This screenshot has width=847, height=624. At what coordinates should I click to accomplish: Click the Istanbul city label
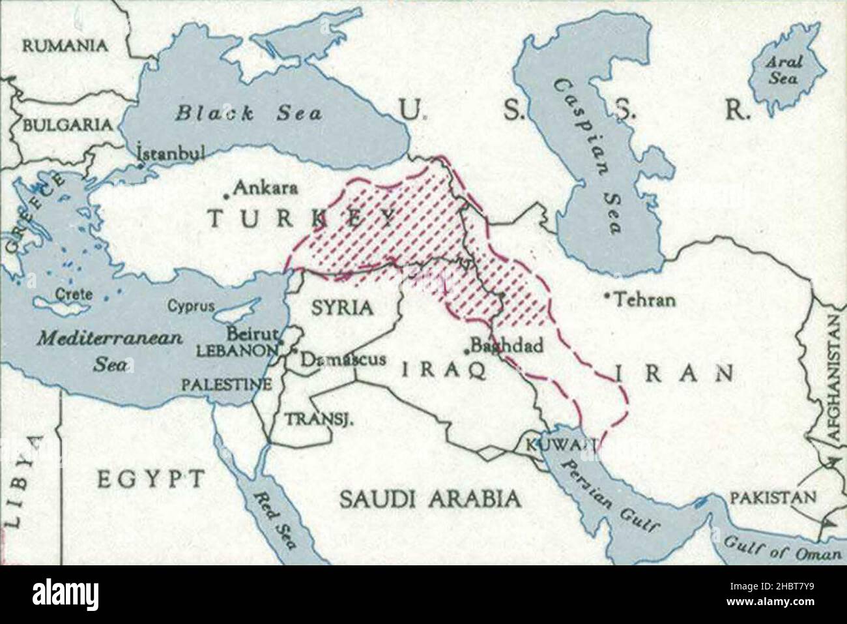[171, 153]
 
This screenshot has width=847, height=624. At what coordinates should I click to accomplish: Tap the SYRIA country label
[342, 307]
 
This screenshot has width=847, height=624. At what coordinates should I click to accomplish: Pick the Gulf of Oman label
[782, 548]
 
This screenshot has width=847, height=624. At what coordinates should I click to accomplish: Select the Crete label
[73, 294]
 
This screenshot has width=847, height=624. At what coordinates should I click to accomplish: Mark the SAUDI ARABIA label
[431, 499]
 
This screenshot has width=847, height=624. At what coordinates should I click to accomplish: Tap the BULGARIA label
[67, 125]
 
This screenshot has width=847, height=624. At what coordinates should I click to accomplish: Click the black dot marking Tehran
[607, 297]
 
